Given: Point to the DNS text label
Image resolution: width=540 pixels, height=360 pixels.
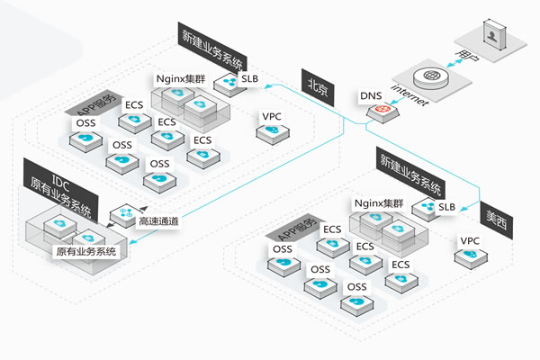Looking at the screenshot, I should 371,94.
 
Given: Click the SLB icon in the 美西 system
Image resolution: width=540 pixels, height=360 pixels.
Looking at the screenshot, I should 425,210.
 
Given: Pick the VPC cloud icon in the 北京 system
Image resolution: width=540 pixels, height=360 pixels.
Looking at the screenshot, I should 267,132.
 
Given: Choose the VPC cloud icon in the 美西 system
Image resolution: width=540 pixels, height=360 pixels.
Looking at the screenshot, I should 466,256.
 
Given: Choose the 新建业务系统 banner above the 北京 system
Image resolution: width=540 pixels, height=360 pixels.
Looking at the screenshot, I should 211,45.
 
